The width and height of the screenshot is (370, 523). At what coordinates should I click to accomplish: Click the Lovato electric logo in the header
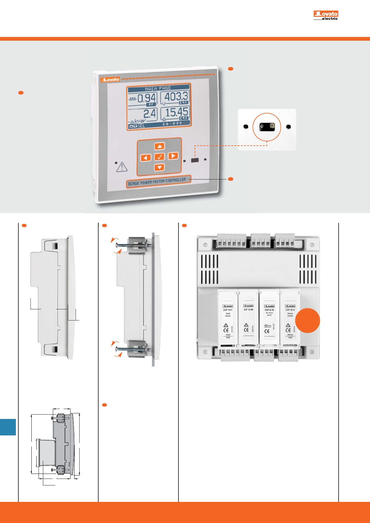click(x=326, y=15)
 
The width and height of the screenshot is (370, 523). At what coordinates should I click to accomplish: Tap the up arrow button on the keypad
click(x=160, y=146)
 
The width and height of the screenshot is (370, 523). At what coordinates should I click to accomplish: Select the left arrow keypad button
click(x=145, y=157)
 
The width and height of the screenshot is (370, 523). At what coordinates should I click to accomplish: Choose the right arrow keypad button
click(x=173, y=156)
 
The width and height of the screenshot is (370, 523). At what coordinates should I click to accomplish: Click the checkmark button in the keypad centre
click(x=159, y=157)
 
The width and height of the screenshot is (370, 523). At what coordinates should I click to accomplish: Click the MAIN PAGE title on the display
click(x=158, y=88)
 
